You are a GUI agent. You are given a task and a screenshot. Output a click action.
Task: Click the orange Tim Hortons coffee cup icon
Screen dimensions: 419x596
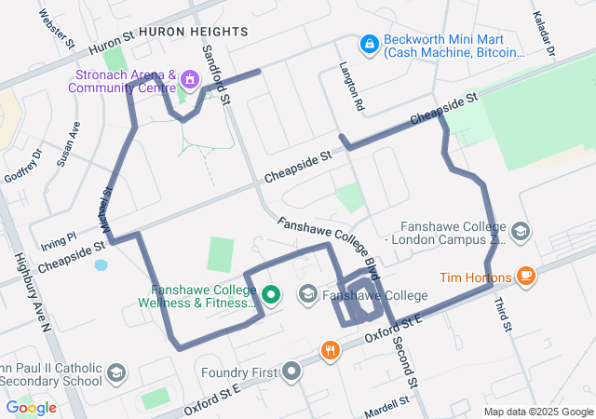526,277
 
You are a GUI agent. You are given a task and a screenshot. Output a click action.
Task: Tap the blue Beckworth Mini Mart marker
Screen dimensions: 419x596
369,44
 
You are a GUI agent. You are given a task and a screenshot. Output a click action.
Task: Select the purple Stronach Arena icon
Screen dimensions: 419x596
190,79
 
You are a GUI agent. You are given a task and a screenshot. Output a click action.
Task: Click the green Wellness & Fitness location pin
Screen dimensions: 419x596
271,296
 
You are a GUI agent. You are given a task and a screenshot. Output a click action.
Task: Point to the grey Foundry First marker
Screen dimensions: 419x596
292,372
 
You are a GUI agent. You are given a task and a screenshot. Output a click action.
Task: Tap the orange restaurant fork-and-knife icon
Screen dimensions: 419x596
330,351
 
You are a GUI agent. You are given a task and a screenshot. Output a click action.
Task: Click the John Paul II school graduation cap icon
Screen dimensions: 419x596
116,372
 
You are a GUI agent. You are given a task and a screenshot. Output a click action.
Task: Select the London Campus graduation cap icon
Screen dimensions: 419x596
520,230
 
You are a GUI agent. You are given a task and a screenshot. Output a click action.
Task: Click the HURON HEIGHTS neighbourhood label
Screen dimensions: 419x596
194,32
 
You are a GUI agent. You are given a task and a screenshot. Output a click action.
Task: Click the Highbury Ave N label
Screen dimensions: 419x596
31,292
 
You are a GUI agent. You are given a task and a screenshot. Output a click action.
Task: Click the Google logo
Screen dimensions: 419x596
31,407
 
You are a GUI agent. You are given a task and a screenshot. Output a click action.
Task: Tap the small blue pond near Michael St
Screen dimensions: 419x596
101,264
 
